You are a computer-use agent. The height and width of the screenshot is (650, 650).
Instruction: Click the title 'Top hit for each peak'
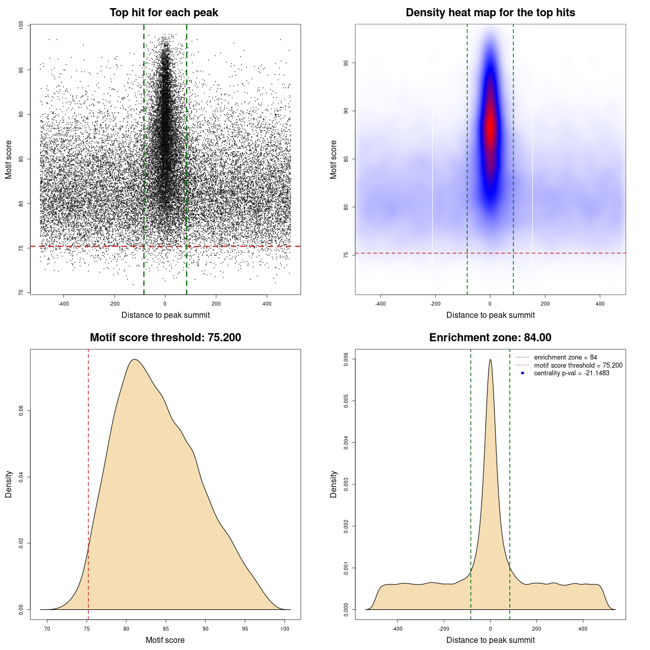point(164,13)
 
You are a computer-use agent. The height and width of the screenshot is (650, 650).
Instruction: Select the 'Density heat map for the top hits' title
point(490,13)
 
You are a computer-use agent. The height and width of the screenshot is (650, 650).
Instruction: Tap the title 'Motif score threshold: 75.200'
point(165,338)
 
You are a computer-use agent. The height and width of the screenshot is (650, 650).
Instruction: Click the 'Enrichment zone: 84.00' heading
point(490,338)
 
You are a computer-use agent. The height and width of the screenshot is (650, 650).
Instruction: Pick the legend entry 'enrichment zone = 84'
point(565,357)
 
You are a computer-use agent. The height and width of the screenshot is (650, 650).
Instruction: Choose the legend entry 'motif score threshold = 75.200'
point(578,365)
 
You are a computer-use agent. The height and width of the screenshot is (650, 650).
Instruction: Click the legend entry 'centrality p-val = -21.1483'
point(571,373)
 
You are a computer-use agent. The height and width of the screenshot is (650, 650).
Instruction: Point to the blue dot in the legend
point(523,373)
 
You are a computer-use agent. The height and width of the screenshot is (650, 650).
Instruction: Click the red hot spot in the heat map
point(490,127)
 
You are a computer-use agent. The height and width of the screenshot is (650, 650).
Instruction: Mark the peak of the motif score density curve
point(134,360)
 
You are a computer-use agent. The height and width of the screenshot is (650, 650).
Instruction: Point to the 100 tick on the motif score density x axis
point(285,629)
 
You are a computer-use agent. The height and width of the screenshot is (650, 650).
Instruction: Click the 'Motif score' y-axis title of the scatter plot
point(9,159)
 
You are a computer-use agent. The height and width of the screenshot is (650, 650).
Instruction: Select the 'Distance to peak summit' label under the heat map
point(490,315)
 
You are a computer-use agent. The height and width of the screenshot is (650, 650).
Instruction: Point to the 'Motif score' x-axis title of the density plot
point(165,640)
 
